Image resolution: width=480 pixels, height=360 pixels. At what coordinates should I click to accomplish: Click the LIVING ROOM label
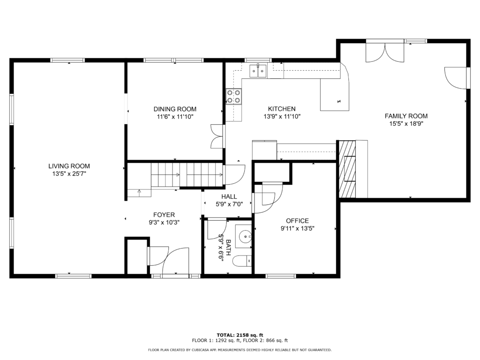pos(69,166)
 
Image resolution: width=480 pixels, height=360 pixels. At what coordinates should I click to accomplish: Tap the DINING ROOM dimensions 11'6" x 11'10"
pos(175,117)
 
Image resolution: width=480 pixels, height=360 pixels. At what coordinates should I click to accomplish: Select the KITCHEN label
pos(282,109)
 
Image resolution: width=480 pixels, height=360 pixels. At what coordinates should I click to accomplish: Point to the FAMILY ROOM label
pos(406,116)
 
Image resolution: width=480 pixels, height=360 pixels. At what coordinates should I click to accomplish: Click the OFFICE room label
pos(297,221)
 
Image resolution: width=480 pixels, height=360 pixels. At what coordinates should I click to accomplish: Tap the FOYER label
pos(164,215)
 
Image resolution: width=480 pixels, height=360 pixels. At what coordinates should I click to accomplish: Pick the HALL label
pos(229,196)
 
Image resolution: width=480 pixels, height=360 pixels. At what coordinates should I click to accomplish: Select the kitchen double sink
pos(258,71)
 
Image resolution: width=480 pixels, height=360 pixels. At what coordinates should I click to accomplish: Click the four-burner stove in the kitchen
pos(233,96)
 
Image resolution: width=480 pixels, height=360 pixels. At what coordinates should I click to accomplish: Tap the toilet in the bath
pos(242,261)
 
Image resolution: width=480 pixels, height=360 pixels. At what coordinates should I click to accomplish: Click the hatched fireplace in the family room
pos(347,169)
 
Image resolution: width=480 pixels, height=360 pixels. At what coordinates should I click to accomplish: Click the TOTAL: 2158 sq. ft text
pos(240,335)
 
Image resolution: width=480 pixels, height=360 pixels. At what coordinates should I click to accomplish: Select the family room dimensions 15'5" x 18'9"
pos(406,124)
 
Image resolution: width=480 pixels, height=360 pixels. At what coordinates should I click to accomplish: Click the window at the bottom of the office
pos(281,276)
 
